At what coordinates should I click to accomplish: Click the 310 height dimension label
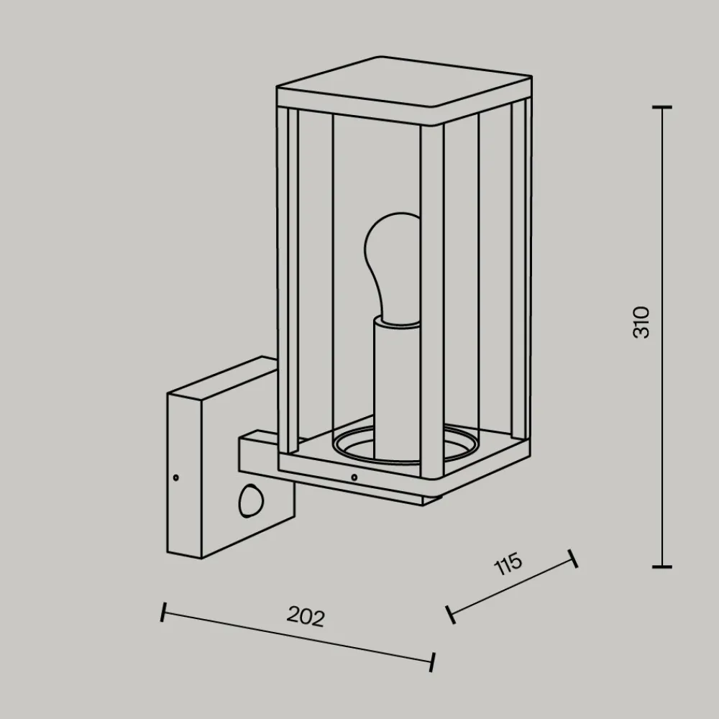tap(641, 323)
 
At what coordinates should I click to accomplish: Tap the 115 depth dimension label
tap(508, 564)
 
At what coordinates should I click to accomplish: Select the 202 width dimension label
tap(306, 616)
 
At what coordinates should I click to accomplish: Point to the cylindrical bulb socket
tap(397, 390)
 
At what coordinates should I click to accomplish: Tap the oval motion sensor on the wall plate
tap(251, 501)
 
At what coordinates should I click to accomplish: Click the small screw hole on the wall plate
tap(175, 478)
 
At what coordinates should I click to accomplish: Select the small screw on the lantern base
tap(354, 477)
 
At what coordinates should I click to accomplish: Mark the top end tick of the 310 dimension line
tap(661, 107)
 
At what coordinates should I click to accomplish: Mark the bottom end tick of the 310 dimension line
tap(661, 567)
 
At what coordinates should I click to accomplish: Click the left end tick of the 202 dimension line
tap(163, 612)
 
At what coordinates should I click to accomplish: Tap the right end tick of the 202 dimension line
tap(432, 662)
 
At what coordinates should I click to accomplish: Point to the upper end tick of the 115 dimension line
tap(573, 559)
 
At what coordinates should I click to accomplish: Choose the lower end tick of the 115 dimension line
tap(451, 615)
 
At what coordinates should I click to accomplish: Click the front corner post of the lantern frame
tap(432, 301)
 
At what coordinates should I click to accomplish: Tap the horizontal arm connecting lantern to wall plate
tap(339, 472)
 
